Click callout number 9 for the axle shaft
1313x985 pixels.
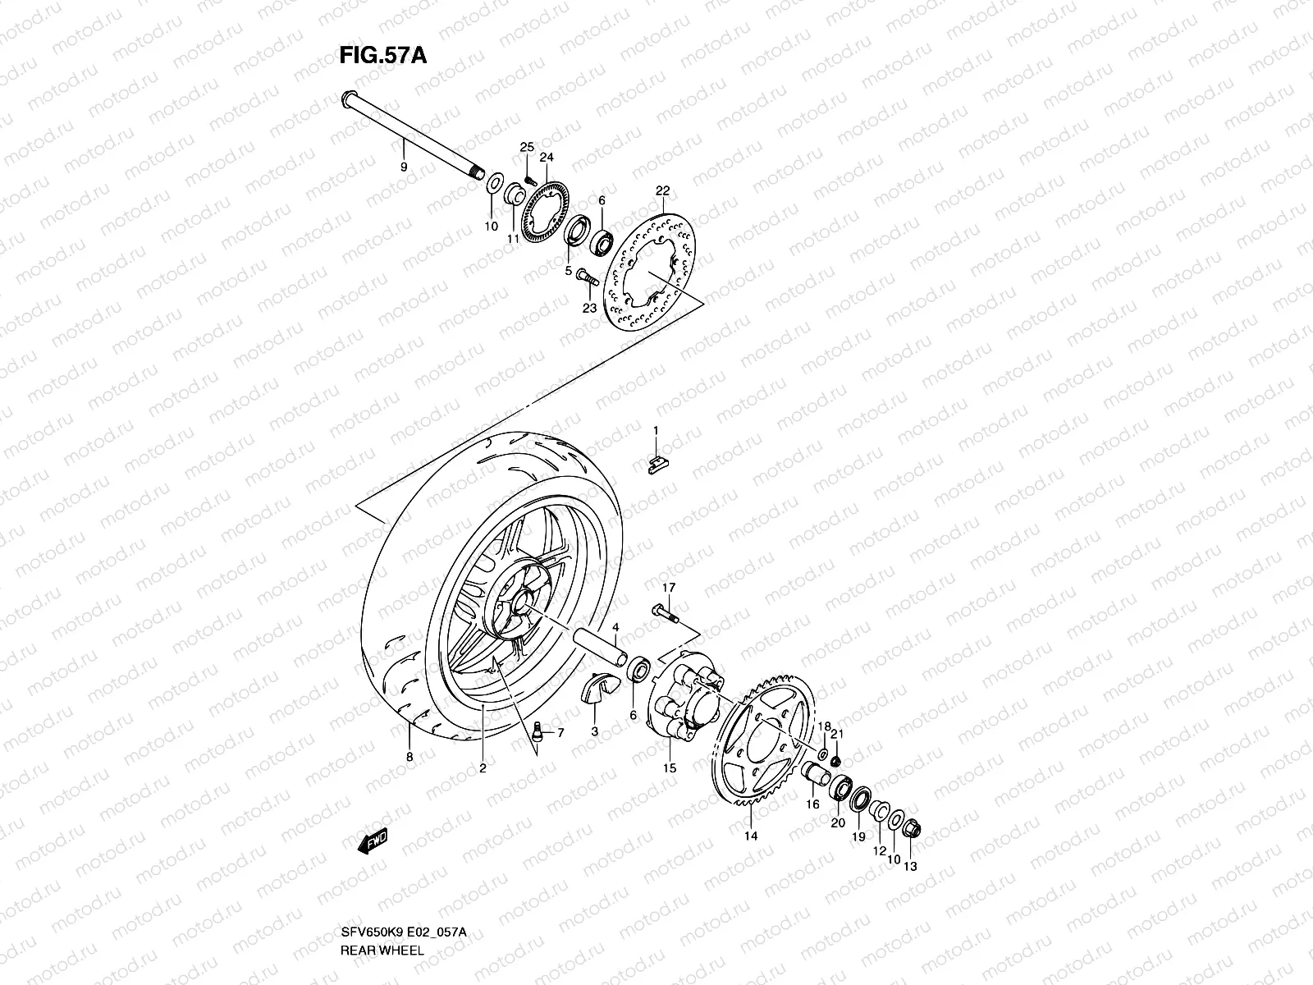403,167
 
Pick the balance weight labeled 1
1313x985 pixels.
654,466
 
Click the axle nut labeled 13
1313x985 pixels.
910,831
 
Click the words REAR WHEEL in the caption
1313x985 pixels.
384,951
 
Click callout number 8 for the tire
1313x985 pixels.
409,756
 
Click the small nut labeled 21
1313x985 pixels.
836,763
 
